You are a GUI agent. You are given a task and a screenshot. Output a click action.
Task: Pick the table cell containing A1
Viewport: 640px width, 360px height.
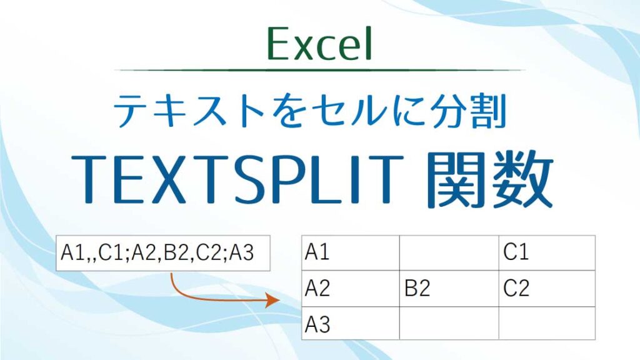(x=350, y=253)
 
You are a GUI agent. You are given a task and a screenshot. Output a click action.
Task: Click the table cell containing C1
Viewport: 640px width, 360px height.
(x=546, y=253)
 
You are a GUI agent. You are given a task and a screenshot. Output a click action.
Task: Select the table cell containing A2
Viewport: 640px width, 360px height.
(x=350, y=289)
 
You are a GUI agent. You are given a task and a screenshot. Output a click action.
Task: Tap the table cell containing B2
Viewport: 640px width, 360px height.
(x=449, y=289)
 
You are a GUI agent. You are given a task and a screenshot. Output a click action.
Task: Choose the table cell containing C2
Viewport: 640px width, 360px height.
(x=546, y=289)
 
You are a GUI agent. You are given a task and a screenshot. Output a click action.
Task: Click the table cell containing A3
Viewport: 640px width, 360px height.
(x=350, y=323)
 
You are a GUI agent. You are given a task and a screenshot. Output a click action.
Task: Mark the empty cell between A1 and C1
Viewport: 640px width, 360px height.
(x=449, y=253)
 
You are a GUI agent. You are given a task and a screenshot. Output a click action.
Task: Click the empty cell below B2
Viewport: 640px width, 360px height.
(x=449, y=323)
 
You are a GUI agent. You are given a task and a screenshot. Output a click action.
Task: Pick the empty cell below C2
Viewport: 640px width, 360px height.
(x=546, y=323)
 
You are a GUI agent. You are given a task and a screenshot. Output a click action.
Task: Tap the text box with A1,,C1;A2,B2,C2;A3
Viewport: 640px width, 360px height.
(x=163, y=254)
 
